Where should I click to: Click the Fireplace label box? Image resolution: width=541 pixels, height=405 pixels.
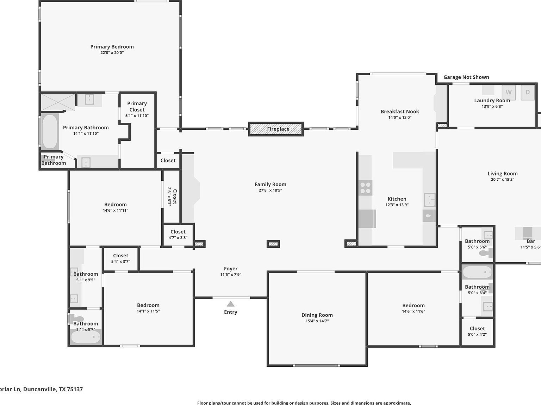pos(276,129)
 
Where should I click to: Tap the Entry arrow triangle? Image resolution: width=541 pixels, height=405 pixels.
pos(230,304)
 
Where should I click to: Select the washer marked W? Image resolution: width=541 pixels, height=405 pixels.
pos(508,92)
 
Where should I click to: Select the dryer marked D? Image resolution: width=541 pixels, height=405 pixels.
pos(528,92)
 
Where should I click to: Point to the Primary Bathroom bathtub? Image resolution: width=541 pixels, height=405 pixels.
pos(50,131)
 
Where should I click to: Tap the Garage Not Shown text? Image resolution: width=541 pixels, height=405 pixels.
pos(466,77)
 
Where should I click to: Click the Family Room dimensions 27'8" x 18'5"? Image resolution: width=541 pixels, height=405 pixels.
pos(270,190)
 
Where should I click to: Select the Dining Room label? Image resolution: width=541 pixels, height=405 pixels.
pos(317,315)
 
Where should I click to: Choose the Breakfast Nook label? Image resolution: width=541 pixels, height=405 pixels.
pos(400,111)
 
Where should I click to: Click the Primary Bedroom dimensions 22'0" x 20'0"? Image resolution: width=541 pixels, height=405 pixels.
pos(112,53)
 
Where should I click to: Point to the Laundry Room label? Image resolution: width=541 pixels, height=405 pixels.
pos(492,101)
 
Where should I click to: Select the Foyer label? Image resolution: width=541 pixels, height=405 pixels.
pos(231,269)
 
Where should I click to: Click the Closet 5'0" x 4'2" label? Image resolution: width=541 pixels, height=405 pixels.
pos(477,328)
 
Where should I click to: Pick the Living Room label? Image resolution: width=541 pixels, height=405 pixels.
pos(503,173)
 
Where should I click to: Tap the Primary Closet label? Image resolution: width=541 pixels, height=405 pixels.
pos(137,107)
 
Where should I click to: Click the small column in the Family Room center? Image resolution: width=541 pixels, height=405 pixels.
pos(273,244)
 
